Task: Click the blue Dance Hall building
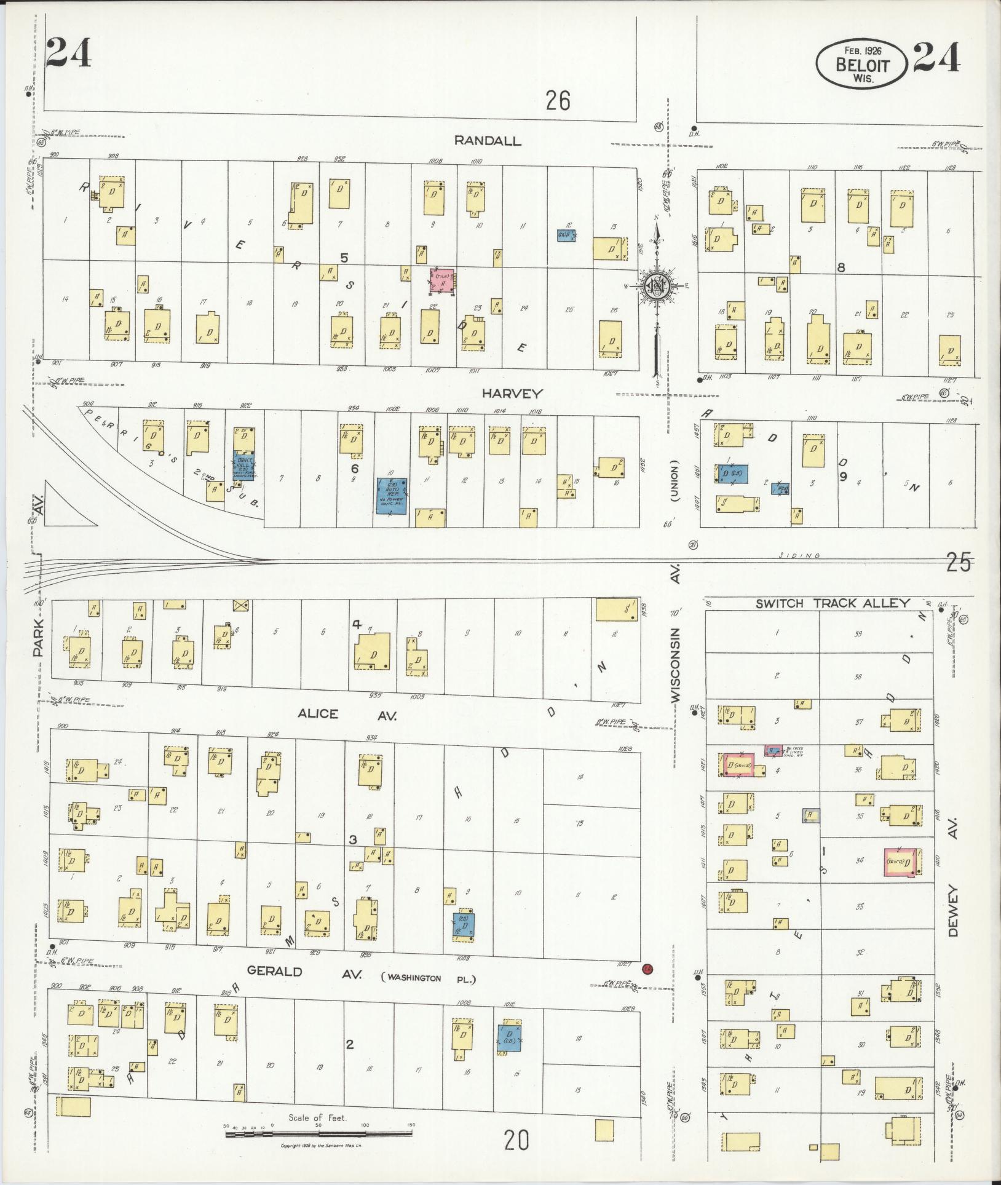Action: click(244, 466)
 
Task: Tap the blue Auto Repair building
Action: click(392, 496)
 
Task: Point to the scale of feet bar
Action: click(318, 1126)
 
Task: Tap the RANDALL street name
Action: click(487, 140)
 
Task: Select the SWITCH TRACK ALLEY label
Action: click(832, 603)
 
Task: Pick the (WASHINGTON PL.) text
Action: click(429, 978)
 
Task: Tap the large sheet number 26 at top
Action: click(558, 100)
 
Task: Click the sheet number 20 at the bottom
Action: click(516, 1141)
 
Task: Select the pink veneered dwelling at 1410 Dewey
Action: click(899, 862)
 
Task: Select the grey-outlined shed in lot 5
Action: click(810, 815)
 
